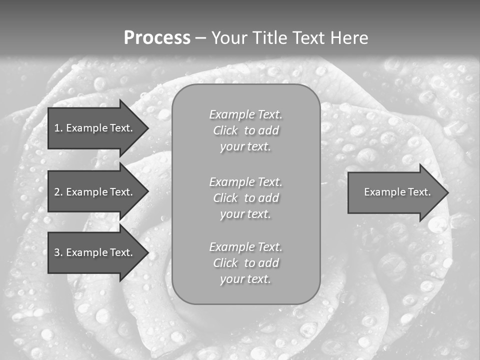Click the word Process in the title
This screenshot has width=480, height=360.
(x=157, y=38)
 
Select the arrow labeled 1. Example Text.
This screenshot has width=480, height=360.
(x=93, y=128)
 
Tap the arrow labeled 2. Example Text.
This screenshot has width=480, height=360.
(x=93, y=192)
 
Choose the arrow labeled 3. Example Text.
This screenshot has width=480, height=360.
(x=93, y=252)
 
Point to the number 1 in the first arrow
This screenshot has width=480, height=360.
(x=57, y=128)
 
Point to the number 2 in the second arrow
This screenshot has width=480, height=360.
(x=57, y=192)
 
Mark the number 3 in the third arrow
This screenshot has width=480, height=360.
(x=57, y=252)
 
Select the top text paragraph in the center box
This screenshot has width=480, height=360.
(x=245, y=130)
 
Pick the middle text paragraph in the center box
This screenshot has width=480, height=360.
(x=245, y=198)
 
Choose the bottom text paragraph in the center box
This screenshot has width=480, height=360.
(x=245, y=263)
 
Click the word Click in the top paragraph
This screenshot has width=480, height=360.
(x=225, y=130)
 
